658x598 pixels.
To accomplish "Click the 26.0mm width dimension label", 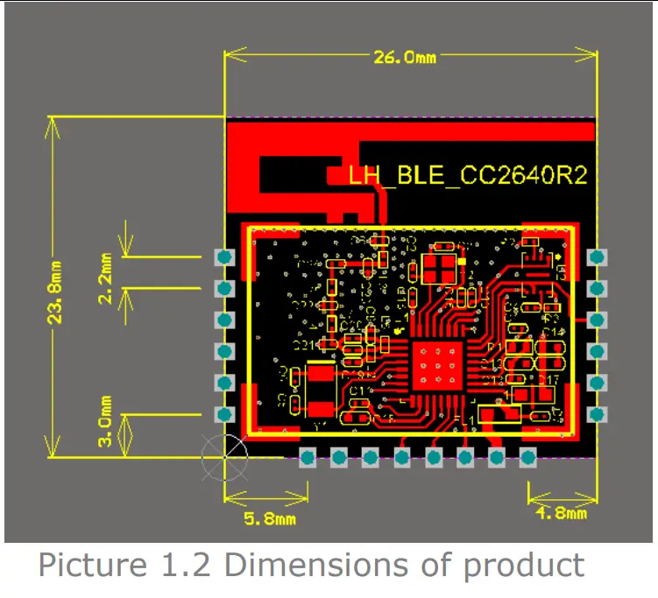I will pos(405,58).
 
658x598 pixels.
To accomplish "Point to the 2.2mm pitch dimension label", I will pos(106,278).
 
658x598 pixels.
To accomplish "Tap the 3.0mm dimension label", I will pos(106,422).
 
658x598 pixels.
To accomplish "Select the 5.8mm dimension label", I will pos(268,518).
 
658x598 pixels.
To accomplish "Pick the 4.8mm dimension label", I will pos(561,514).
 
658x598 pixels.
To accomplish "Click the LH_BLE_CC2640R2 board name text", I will pos(467,175).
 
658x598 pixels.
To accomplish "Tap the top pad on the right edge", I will pos(598,257).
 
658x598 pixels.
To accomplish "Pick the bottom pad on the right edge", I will pos(598,414).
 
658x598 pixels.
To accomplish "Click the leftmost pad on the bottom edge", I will pos(308,456).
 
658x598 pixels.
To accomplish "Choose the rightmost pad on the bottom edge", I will pos(527,456).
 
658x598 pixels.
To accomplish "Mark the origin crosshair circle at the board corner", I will pos(224,455).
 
